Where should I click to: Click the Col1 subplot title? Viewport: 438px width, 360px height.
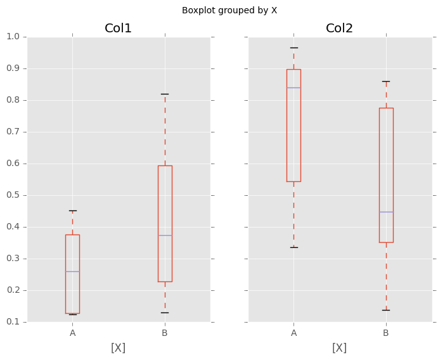pyautogui.click(x=119, y=29)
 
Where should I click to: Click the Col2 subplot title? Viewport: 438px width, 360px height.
pyautogui.click(x=339, y=29)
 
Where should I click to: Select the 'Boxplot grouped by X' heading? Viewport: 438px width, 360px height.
pyautogui.click(x=229, y=11)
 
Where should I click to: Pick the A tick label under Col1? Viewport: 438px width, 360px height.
pyautogui.click(x=72, y=333)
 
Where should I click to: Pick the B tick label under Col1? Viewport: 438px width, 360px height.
pyautogui.click(x=165, y=333)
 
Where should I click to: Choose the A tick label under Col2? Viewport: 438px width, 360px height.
pyautogui.click(x=293, y=333)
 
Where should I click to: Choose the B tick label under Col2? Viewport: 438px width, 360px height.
pyautogui.click(x=385, y=333)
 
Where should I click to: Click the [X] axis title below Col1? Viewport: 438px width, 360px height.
pyautogui.click(x=119, y=348)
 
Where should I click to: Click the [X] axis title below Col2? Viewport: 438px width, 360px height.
pyautogui.click(x=339, y=348)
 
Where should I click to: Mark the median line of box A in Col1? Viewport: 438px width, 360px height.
pyautogui.click(x=72, y=271)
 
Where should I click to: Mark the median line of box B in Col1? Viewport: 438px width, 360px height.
pyautogui.click(x=165, y=235)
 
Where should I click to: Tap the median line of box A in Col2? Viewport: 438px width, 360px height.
pyautogui.click(x=293, y=87)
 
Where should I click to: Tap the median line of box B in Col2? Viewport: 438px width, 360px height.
pyautogui.click(x=385, y=212)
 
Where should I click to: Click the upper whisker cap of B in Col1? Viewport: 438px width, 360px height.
pyautogui.click(x=165, y=94)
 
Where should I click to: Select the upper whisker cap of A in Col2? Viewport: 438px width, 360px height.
pyautogui.click(x=293, y=48)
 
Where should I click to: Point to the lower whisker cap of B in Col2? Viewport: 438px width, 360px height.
pyautogui.click(x=385, y=310)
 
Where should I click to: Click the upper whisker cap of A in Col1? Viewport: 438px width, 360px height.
pyautogui.click(x=72, y=210)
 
